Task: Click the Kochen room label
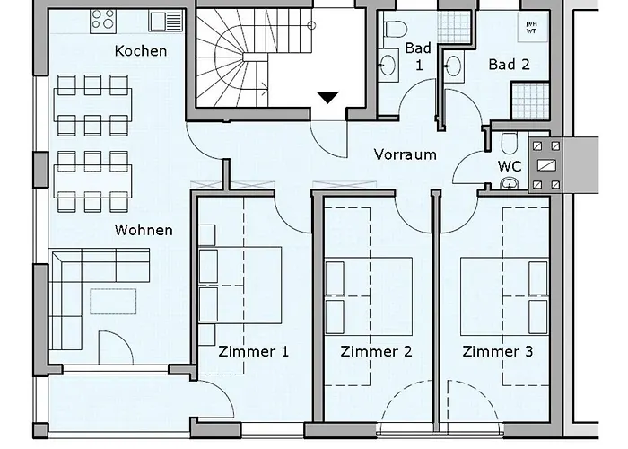tap(140, 50)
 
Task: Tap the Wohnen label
tap(144, 230)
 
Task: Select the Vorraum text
tap(405, 154)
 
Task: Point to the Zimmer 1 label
tap(254, 351)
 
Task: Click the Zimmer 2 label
tap(376, 351)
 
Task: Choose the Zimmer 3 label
tap(498, 351)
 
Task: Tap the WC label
tap(510, 166)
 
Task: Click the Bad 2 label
tap(509, 64)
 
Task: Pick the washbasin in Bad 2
tap(454, 64)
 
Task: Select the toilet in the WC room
tap(510, 144)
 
